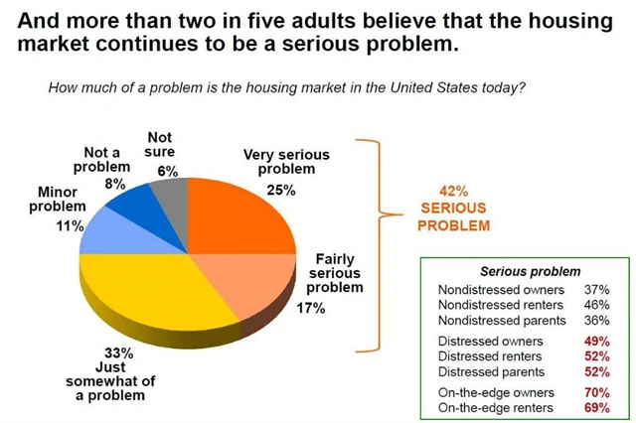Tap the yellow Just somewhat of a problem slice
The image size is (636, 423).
149,298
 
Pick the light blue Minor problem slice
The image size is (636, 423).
109,234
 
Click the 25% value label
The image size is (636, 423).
281,191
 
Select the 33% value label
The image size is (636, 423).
118,352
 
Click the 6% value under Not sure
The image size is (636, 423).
167,171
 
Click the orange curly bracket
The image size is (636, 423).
375,243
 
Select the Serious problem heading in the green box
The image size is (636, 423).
530,270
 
